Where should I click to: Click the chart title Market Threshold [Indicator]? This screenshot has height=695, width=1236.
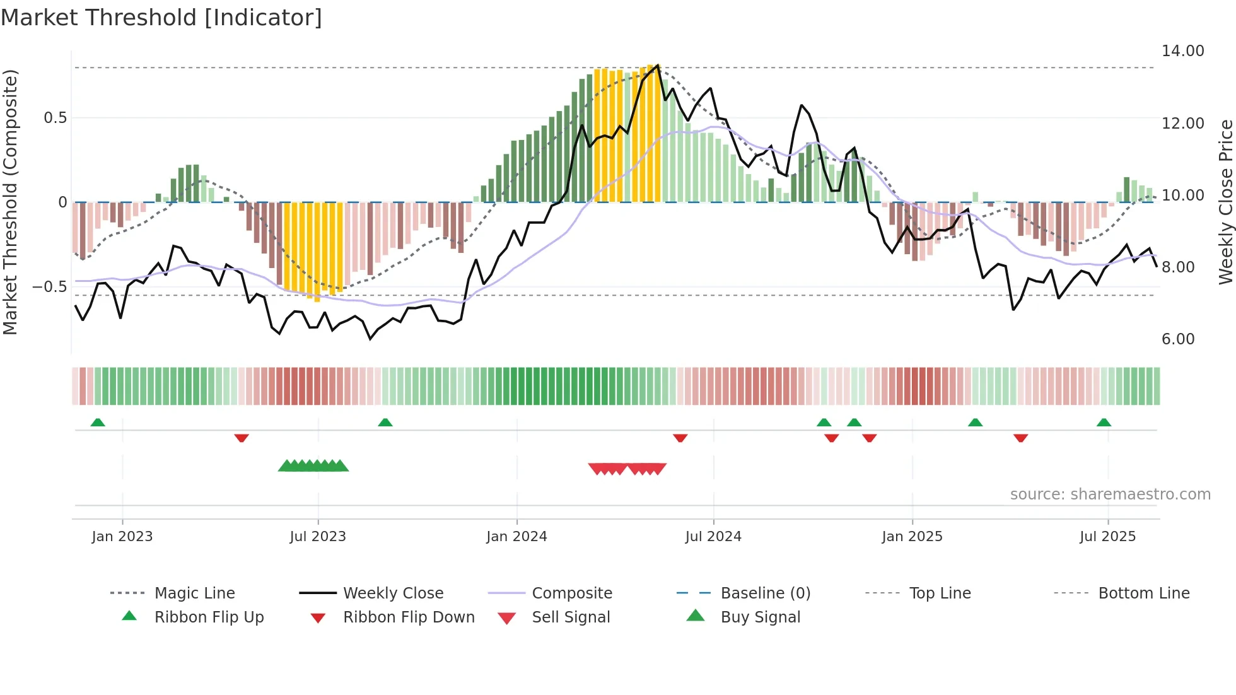click(x=161, y=18)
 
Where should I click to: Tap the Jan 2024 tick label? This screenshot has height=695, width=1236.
click(x=516, y=537)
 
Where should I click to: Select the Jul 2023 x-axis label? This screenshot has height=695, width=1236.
click(x=318, y=537)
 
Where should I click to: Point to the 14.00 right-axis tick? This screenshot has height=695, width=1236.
click(x=1182, y=51)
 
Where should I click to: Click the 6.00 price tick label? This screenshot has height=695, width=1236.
click(x=1178, y=339)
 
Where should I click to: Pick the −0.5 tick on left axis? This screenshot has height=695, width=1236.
click(x=50, y=287)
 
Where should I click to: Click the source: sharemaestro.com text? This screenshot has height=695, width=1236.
click(x=1110, y=494)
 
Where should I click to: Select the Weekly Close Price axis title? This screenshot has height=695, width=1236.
click(x=1225, y=202)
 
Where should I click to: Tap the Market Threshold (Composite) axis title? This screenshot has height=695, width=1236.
click(x=10, y=202)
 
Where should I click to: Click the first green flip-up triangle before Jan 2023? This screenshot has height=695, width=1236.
click(x=98, y=423)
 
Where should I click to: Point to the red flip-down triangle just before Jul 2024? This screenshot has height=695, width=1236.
click(x=680, y=438)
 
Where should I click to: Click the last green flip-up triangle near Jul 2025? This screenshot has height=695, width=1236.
click(x=1104, y=423)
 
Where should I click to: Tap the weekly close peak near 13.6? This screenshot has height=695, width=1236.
click(x=658, y=65)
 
